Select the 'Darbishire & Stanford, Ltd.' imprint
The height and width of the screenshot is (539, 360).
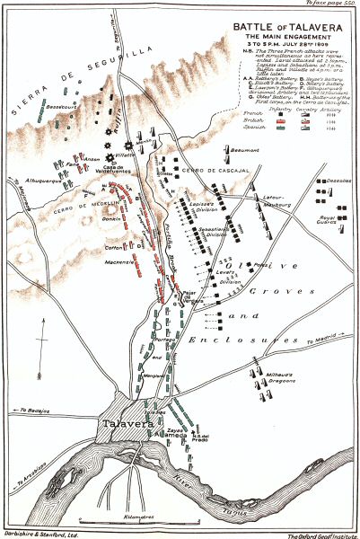tap(39, 534)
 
